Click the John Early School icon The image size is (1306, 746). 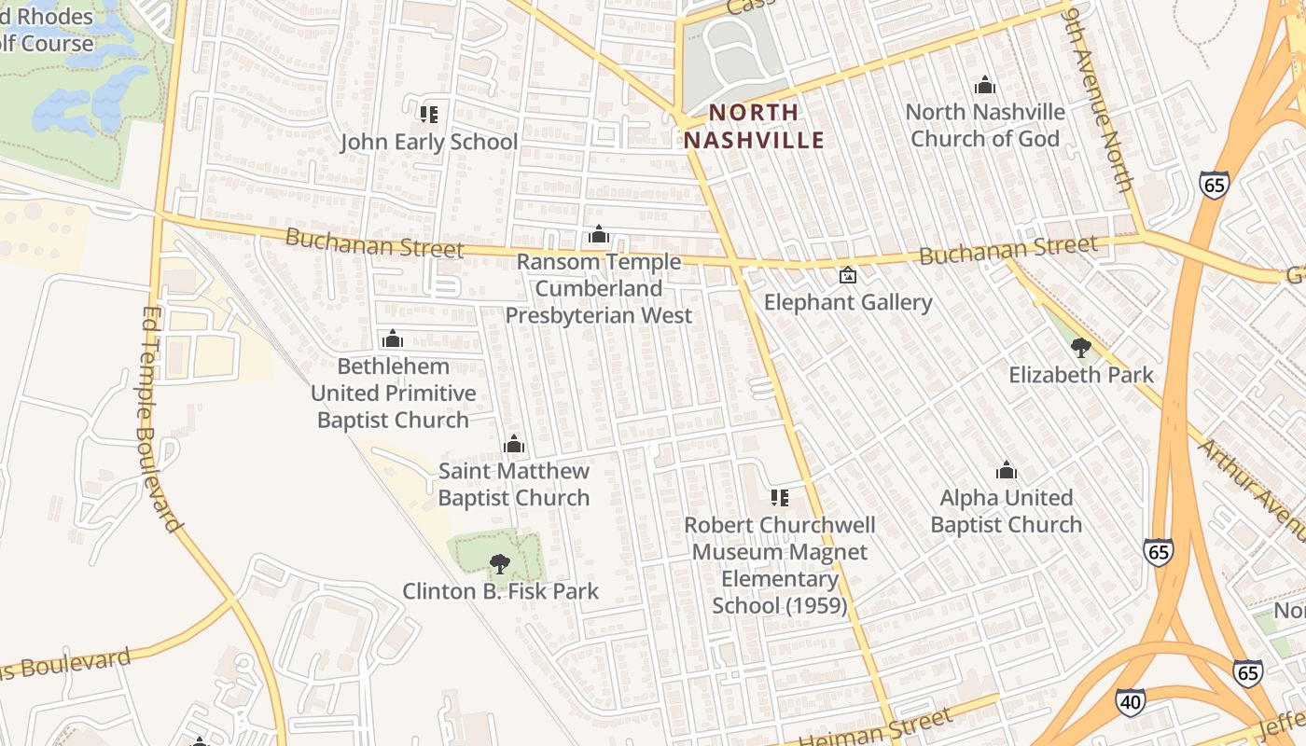click(428, 114)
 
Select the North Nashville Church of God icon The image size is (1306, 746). click(985, 86)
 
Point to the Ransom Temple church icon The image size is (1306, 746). click(599, 235)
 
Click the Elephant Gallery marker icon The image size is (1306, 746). click(848, 275)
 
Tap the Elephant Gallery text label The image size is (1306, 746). click(848, 302)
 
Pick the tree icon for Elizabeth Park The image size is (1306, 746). click(1081, 348)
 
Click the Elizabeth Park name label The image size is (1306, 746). click(1081, 375)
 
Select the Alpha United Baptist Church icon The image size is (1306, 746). click(1007, 470)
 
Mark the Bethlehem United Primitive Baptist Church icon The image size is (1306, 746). click(393, 338)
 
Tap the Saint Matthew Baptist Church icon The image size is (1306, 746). click(514, 444)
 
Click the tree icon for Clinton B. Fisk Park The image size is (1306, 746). click(500, 563)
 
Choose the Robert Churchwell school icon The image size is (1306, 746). click(780, 498)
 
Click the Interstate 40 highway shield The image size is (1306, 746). click(1130, 701)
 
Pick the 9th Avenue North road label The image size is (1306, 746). click(1098, 98)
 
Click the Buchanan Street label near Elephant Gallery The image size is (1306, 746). click(1008, 250)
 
